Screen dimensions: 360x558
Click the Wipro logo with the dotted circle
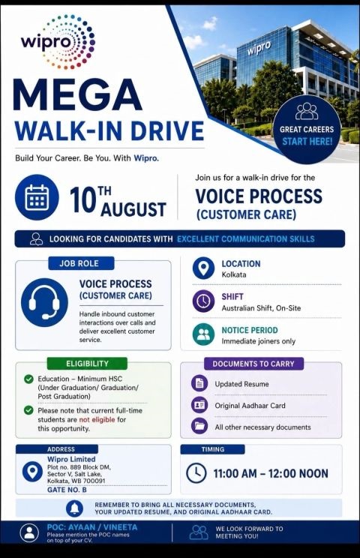(x=58, y=42)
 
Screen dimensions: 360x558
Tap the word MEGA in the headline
(x=77, y=94)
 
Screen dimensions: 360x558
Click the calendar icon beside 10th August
(x=37, y=197)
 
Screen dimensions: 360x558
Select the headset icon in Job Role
(x=44, y=302)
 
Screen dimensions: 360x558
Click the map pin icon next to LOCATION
(x=203, y=268)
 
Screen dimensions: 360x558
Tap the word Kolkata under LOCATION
(x=234, y=274)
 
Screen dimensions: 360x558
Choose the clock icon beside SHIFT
(x=203, y=301)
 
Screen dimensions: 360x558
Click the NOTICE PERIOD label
(x=250, y=330)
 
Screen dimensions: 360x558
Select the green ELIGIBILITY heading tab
(x=87, y=363)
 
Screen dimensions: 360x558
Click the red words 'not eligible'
(x=97, y=419)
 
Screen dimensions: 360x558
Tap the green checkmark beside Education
(x=28, y=379)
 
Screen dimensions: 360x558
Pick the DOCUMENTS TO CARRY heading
(x=253, y=364)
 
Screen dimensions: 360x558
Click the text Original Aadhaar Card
(x=250, y=406)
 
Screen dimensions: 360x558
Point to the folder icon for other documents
(x=199, y=426)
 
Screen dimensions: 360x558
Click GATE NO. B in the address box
(x=67, y=490)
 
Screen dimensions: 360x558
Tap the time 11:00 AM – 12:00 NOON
(x=271, y=474)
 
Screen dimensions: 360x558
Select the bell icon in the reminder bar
(x=75, y=508)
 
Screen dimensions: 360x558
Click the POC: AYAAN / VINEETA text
(x=92, y=527)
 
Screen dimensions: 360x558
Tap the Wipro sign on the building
(x=259, y=48)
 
